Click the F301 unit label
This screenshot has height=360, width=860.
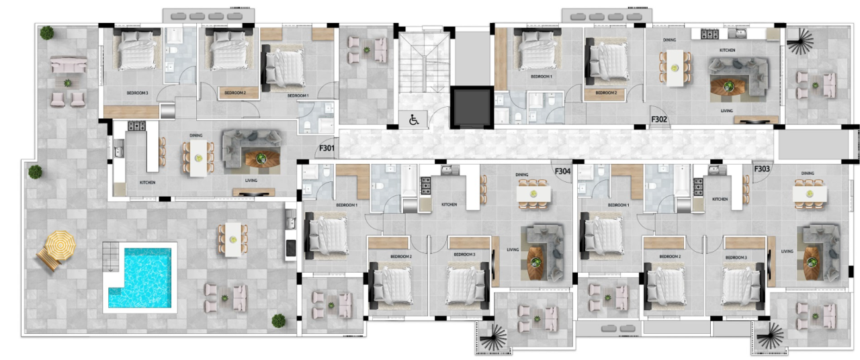[x=327, y=148]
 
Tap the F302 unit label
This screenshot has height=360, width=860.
[x=659, y=120]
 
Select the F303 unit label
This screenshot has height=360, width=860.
[x=761, y=169]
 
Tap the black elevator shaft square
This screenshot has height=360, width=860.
[x=472, y=107]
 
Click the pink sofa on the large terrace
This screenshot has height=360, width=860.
[x=69, y=65]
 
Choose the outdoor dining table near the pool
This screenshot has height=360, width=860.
[x=232, y=239]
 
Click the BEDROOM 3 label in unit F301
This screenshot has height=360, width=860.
[x=137, y=92]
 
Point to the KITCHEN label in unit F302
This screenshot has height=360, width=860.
[x=727, y=50]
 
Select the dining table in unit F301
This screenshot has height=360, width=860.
[x=198, y=157]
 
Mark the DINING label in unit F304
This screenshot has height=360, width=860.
[x=522, y=175]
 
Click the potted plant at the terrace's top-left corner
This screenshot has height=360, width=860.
[x=47, y=32]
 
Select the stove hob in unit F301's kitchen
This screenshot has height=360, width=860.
[x=136, y=126]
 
